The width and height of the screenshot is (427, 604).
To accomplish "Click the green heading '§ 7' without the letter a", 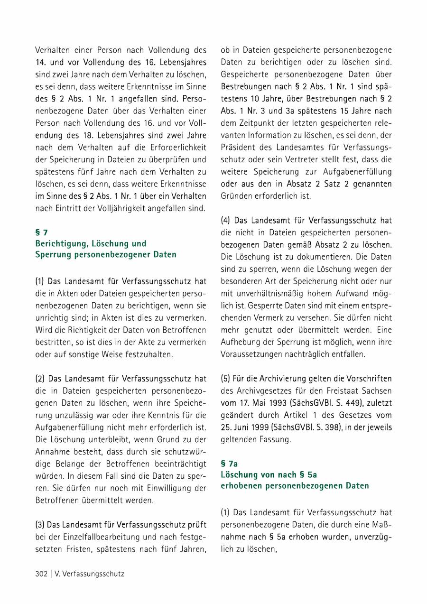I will pos(41,232).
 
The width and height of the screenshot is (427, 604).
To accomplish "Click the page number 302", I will pos(41,574).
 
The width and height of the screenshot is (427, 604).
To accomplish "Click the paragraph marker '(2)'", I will pos(40,379).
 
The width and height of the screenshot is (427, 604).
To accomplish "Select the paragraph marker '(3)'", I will pos(40,525).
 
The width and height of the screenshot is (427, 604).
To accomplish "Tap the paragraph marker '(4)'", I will pos(226,220).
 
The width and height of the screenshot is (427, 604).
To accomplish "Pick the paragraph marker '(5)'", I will pos(226,379).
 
